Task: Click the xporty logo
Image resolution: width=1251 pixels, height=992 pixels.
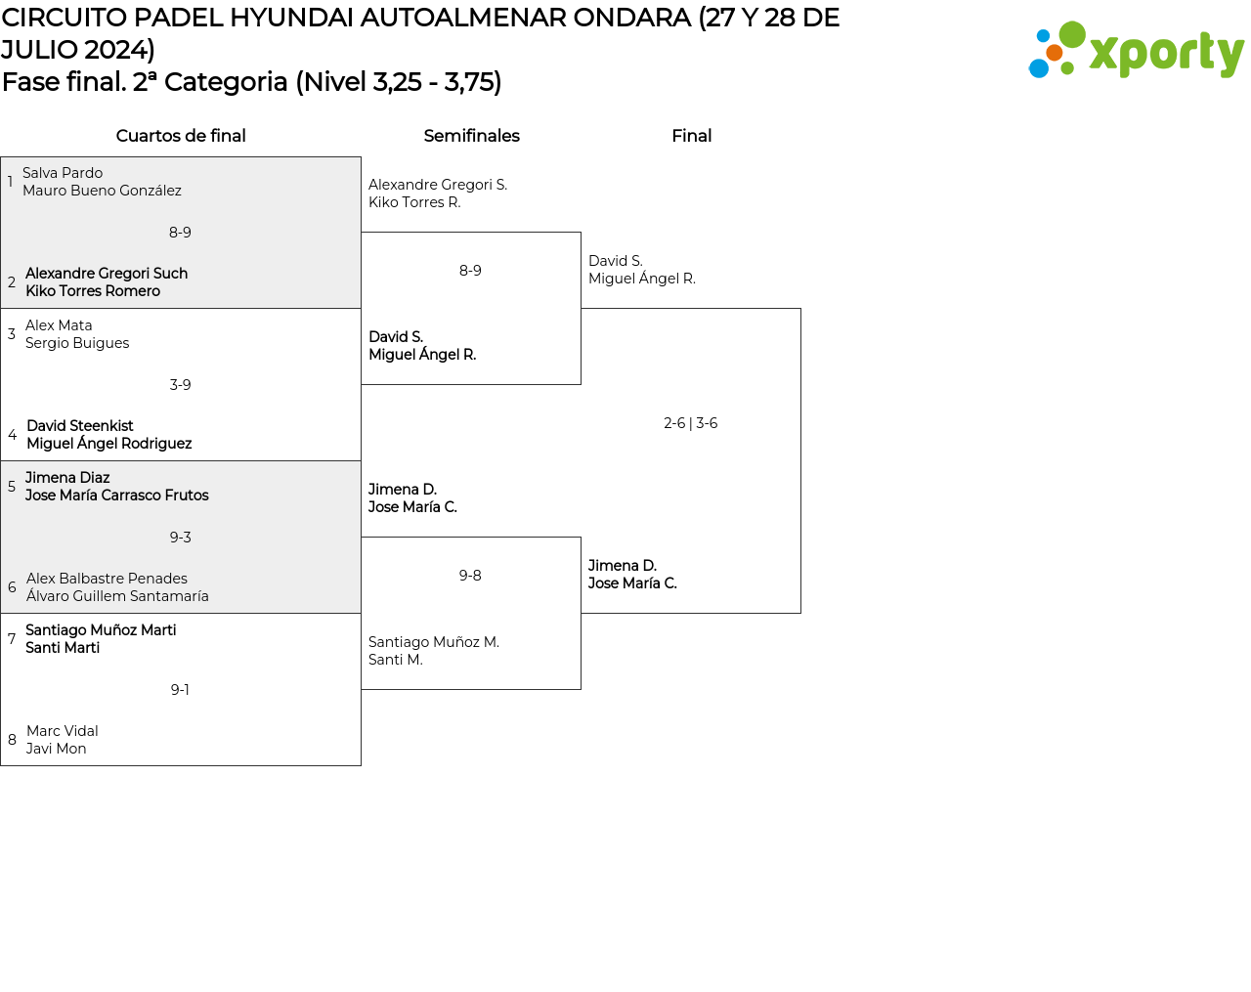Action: [x=1136, y=51]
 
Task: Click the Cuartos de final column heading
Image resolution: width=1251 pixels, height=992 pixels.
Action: [x=181, y=136]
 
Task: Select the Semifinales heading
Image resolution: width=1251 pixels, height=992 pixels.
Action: [x=471, y=136]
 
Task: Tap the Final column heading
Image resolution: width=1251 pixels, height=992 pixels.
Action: [x=691, y=136]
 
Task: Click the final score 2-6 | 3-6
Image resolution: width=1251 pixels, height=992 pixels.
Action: [x=690, y=423]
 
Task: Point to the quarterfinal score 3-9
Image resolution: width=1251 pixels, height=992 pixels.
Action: [x=180, y=385]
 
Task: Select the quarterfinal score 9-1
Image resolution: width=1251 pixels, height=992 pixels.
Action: [x=180, y=690]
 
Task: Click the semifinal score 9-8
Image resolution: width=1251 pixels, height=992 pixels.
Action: [x=470, y=576]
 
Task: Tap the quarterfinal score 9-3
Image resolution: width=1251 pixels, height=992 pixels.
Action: [x=180, y=538]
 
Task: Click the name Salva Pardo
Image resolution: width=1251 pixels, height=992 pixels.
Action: [x=63, y=173]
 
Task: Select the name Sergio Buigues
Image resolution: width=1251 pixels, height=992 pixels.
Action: [x=77, y=343]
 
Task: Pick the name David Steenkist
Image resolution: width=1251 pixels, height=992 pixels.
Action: [x=80, y=426]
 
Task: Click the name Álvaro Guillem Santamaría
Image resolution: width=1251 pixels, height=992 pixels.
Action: [x=117, y=596]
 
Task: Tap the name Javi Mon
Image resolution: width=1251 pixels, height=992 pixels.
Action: [x=56, y=749]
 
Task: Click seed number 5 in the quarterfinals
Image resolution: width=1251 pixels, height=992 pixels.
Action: [x=12, y=487]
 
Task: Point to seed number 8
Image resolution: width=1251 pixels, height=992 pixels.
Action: [x=12, y=740]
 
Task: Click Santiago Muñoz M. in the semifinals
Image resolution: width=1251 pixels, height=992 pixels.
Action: [x=434, y=642]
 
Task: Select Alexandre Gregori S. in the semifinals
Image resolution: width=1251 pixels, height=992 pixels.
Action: [x=438, y=185]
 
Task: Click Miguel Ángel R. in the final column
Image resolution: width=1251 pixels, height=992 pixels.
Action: [x=641, y=279]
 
